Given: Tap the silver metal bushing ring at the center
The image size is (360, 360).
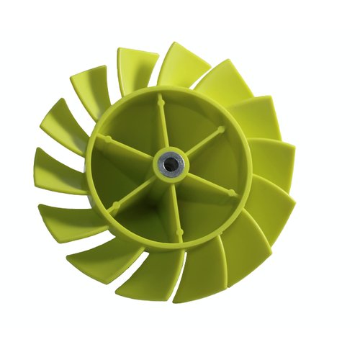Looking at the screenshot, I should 176,161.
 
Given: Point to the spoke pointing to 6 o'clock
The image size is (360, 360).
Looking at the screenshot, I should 174,205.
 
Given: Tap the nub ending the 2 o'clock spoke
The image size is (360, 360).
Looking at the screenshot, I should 222,130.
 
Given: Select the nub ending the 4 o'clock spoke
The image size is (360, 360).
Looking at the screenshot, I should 231,193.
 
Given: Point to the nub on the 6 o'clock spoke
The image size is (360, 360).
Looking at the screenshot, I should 178,234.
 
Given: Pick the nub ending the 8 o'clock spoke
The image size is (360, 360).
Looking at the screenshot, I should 113,208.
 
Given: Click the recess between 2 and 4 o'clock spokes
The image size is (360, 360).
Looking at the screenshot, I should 220,162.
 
